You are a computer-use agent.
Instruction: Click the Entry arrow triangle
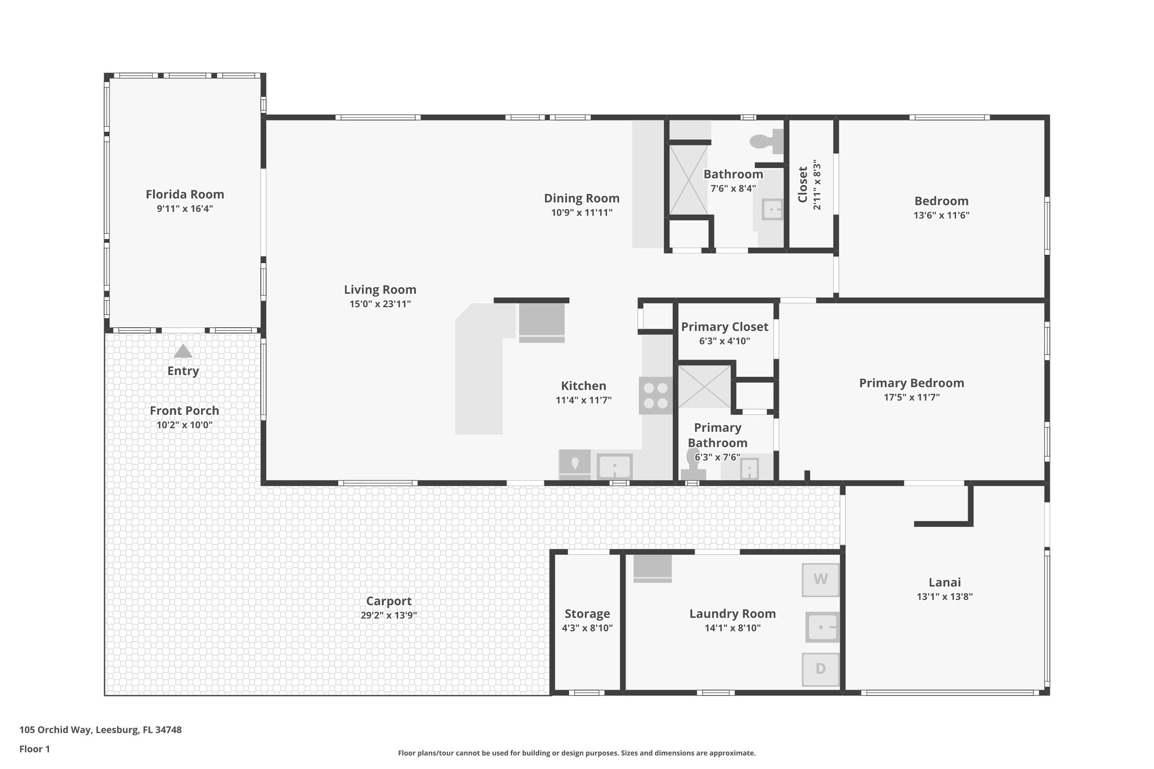(x=183, y=352)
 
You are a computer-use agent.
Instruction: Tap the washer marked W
(x=820, y=579)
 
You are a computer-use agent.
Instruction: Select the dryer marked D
(x=820, y=669)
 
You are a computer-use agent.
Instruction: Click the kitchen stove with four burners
(x=656, y=395)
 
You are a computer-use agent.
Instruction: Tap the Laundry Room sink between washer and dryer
(x=822, y=627)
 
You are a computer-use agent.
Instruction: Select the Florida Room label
(x=185, y=194)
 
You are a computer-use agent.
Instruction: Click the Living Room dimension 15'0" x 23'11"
(x=380, y=304)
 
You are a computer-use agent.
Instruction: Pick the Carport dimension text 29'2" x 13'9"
(x=388, y=615)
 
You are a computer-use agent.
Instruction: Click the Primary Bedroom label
(x=911, y=383)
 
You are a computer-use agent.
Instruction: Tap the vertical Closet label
(x=803, y=184)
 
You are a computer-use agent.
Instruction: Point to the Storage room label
(x=587, y=614)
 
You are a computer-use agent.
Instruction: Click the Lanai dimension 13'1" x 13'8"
(x=944, y=597)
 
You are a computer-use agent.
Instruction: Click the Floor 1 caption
(x=34, y=749)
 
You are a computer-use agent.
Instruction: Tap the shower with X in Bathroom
(x=688, y=179)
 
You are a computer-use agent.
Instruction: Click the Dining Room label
(x=582, y=198)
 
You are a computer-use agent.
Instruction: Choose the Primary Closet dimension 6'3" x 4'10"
(x=724, y=341)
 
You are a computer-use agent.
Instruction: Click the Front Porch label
(x=184, y=411)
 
